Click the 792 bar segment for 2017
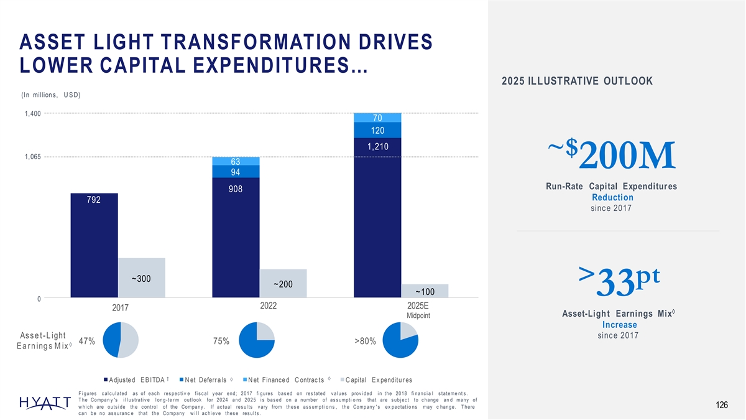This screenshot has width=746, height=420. pos(94,246)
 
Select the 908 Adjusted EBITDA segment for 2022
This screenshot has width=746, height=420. pos(236,236)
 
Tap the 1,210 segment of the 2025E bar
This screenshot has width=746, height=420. pos(377,218)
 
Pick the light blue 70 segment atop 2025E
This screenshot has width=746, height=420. pos(377,118)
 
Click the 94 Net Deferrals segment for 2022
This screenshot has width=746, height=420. pos(236,172)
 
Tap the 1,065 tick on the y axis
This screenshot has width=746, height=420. pos(32,157)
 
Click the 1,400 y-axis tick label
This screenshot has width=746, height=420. pos(32,113)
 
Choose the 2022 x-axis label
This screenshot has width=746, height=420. pos(260,307)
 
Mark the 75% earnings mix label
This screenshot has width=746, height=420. pos(221,341)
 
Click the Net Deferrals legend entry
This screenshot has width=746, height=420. pos(206,380)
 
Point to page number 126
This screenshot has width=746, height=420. pos(721,406)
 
